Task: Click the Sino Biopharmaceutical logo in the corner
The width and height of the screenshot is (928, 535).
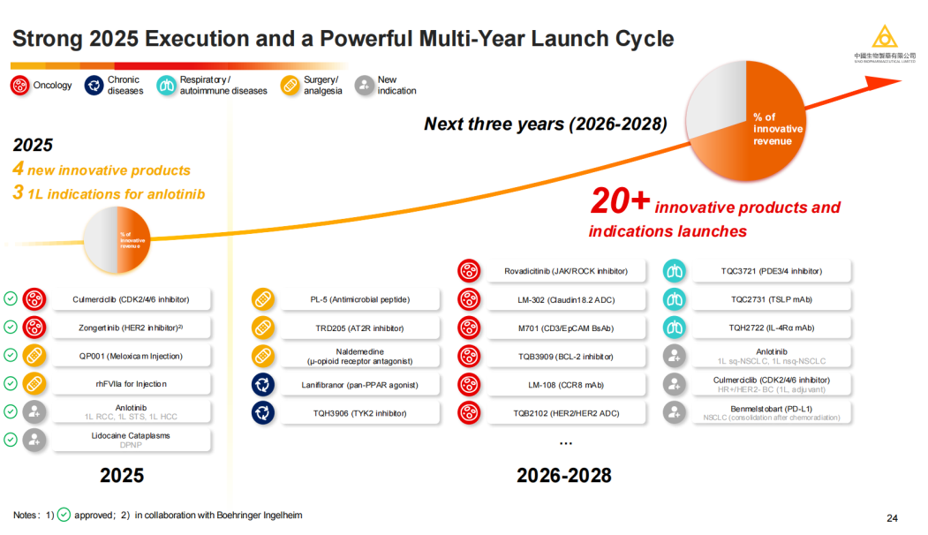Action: point(884,42)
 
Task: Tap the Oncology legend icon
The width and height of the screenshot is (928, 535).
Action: point(20,86)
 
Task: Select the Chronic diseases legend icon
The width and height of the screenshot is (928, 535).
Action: point(94,86)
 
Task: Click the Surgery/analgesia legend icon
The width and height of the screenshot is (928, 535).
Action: point(290,86)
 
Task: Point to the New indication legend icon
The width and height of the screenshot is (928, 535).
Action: point(364,86)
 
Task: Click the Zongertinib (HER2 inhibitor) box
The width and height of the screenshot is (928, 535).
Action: point(131,328)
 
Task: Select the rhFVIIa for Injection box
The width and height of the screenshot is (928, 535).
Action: point(131,384)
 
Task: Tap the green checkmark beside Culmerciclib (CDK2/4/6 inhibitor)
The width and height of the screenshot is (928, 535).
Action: point(11,299)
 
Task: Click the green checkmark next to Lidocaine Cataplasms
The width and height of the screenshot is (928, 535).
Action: point(11,440)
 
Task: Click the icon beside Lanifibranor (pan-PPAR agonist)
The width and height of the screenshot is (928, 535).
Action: point(263,385)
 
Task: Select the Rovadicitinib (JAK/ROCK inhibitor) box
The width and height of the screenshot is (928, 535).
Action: point(565,271)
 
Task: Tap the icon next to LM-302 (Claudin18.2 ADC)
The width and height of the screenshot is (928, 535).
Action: point(469,299)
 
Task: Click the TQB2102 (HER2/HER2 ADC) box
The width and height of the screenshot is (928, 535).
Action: point(565,413)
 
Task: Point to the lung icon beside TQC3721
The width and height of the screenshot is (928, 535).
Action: point(675,271)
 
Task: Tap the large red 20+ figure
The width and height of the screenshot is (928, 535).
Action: point(620,202)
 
